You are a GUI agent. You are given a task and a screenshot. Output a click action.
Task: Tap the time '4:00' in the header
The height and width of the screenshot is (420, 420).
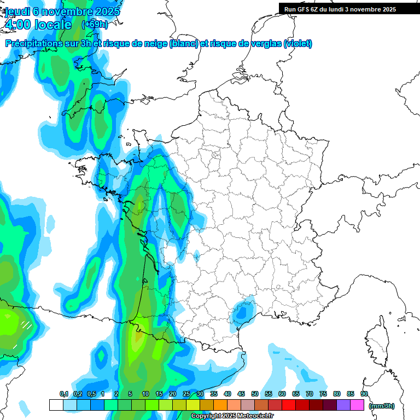pos(17,24)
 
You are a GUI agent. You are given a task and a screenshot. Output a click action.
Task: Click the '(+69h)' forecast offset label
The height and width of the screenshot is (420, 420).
pos(95,24)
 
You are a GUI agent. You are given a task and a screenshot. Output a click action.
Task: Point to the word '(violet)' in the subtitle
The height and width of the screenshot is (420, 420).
pos(298,44)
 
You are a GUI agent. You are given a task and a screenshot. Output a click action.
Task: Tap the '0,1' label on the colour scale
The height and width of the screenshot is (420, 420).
pos(63,394)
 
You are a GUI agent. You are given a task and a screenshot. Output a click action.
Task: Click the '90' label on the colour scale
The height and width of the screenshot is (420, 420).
pos(364,394)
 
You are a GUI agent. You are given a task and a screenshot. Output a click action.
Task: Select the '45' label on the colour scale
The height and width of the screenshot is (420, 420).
pos(241,394)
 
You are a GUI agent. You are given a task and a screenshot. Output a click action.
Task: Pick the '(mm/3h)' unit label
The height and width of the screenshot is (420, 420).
pos(382,405)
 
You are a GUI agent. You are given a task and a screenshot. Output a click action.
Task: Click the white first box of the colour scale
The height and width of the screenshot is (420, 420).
pos(56,405)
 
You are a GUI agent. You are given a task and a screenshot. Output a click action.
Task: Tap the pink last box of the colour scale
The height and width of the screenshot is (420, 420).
pos(358,405)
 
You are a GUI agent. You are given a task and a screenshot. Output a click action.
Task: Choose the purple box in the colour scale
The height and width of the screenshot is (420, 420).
pos(343,405)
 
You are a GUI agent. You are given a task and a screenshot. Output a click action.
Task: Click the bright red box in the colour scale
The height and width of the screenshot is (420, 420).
pos(289,405)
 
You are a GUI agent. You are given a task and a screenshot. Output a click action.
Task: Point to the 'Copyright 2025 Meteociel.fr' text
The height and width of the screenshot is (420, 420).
pos(232,416)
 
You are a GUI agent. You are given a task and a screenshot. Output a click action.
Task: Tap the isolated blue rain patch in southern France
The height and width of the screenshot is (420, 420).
pos(241,312)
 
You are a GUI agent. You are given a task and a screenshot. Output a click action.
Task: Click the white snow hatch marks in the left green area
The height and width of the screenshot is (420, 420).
pos(25,326)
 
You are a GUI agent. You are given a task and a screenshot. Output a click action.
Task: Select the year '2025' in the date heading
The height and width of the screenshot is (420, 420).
pos(106,11)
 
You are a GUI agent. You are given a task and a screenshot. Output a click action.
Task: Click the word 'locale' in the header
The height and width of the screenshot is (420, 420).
pos(53,24)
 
